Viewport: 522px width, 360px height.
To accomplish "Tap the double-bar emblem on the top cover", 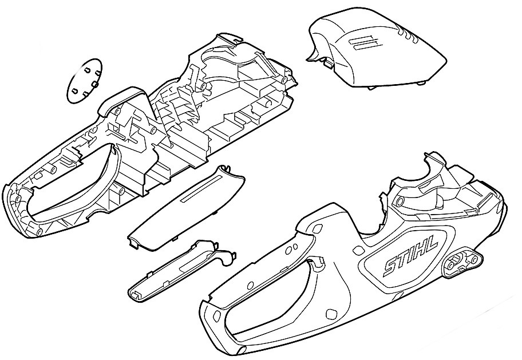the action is tap(363, 42).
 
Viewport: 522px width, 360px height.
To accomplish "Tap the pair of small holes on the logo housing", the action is tap(293, 248).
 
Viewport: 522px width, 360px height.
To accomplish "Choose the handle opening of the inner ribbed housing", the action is tap(70, 187).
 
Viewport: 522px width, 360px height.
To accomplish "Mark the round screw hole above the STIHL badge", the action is tap(399, 201).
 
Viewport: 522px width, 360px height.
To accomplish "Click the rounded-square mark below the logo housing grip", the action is tap(330, 314).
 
